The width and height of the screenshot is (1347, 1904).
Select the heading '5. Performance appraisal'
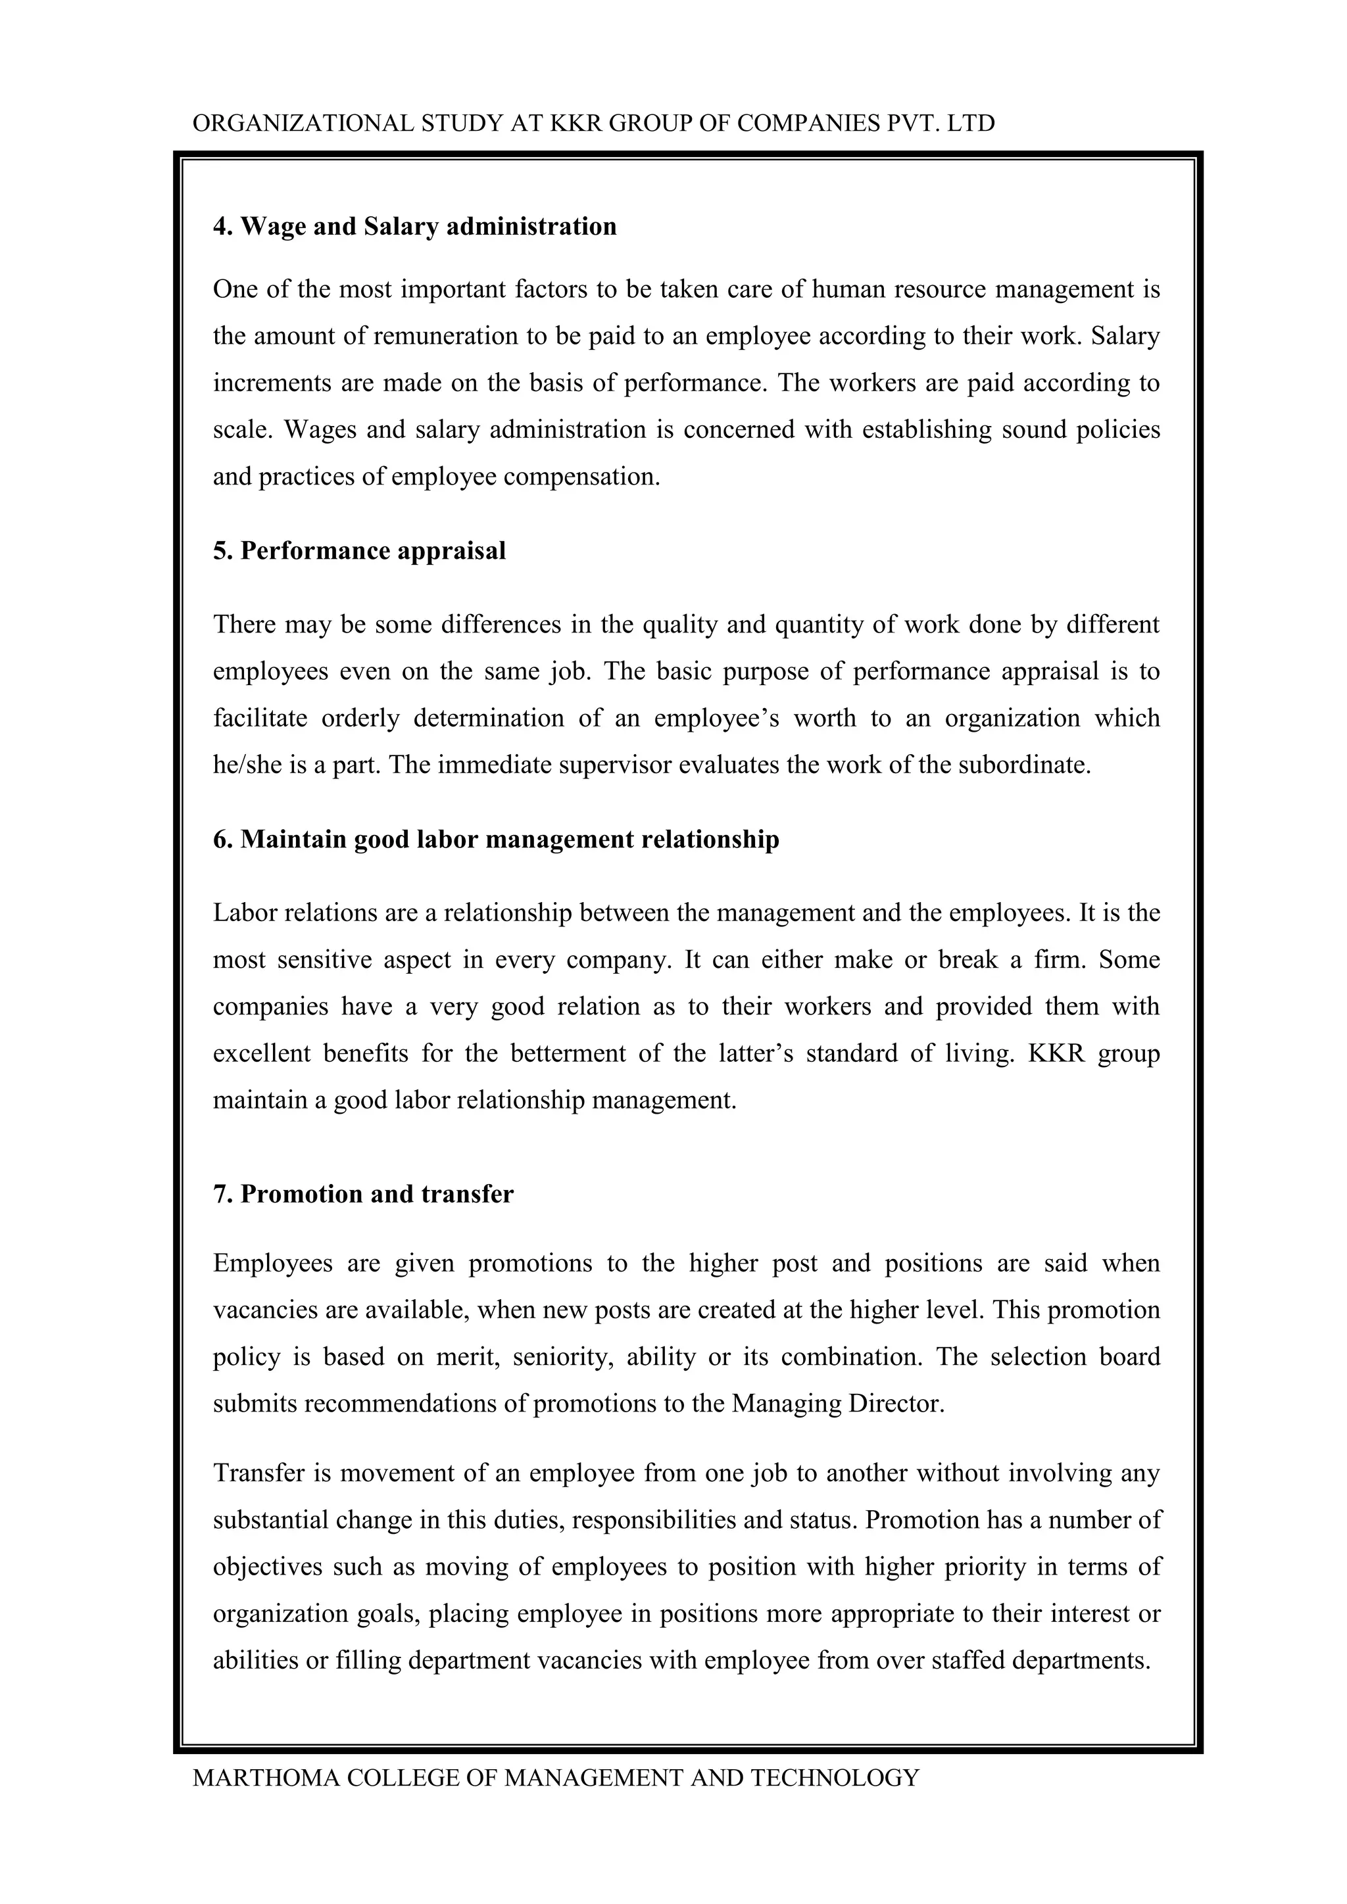359,551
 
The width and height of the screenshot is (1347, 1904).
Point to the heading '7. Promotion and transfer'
363,1193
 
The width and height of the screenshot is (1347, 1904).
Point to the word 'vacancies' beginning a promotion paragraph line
266,1310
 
